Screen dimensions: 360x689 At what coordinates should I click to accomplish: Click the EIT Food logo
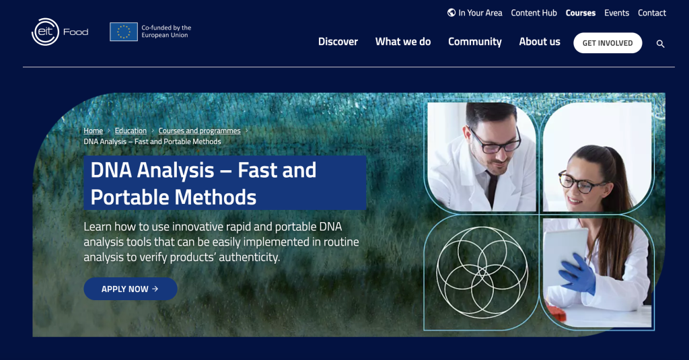(59, 32)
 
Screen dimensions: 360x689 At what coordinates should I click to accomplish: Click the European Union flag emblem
(124, 32)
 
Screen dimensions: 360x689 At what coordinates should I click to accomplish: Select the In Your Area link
(474, 13)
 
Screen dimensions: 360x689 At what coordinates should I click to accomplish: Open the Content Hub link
(534, 13)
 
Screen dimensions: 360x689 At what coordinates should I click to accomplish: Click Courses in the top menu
(580, 13)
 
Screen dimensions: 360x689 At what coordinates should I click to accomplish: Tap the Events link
(616, 13)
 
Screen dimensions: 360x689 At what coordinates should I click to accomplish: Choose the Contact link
(651, 13)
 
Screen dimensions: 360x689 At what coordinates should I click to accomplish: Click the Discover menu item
(338, 42)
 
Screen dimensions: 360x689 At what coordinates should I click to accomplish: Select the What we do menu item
(402, 42)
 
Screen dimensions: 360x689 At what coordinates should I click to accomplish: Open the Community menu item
(474, 42)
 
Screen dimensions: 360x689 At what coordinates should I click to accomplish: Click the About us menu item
(539, 42)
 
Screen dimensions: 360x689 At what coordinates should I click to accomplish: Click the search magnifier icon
(660, 44)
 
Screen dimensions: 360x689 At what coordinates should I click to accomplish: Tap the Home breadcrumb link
(93, 131)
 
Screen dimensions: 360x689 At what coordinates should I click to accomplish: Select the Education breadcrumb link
(131, 131)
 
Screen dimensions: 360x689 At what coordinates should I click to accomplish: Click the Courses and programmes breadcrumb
(199, 131)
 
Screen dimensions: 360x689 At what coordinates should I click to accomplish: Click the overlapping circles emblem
(482, 272)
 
